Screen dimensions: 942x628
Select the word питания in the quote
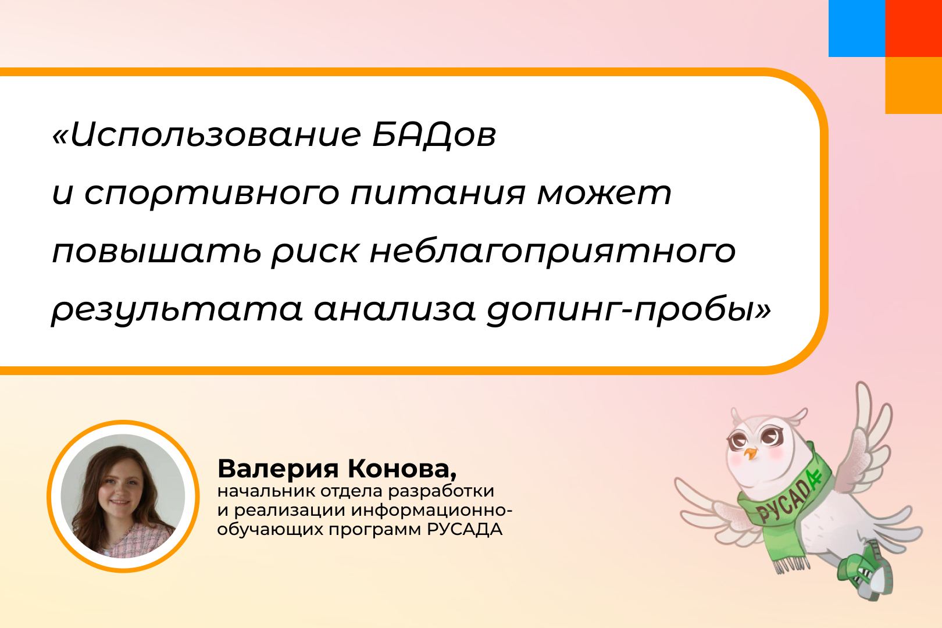(x=438, y=194)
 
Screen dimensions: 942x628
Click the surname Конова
(x=402, y=469)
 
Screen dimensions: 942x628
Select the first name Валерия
(x=277, y=469)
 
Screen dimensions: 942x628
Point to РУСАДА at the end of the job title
(x=464, y=529)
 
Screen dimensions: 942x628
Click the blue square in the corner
(x=857, y=28)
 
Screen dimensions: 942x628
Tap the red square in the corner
(x=914, y=28)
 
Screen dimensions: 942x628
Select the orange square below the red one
(x=914, y=85)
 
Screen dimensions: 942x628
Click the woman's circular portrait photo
(x=123, y=496)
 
